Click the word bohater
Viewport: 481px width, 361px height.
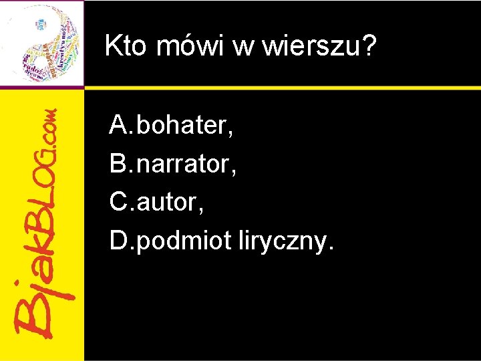[182, 124]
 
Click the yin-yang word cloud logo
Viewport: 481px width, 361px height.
[41, 43]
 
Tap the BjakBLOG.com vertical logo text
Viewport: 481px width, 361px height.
[43, 221]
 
